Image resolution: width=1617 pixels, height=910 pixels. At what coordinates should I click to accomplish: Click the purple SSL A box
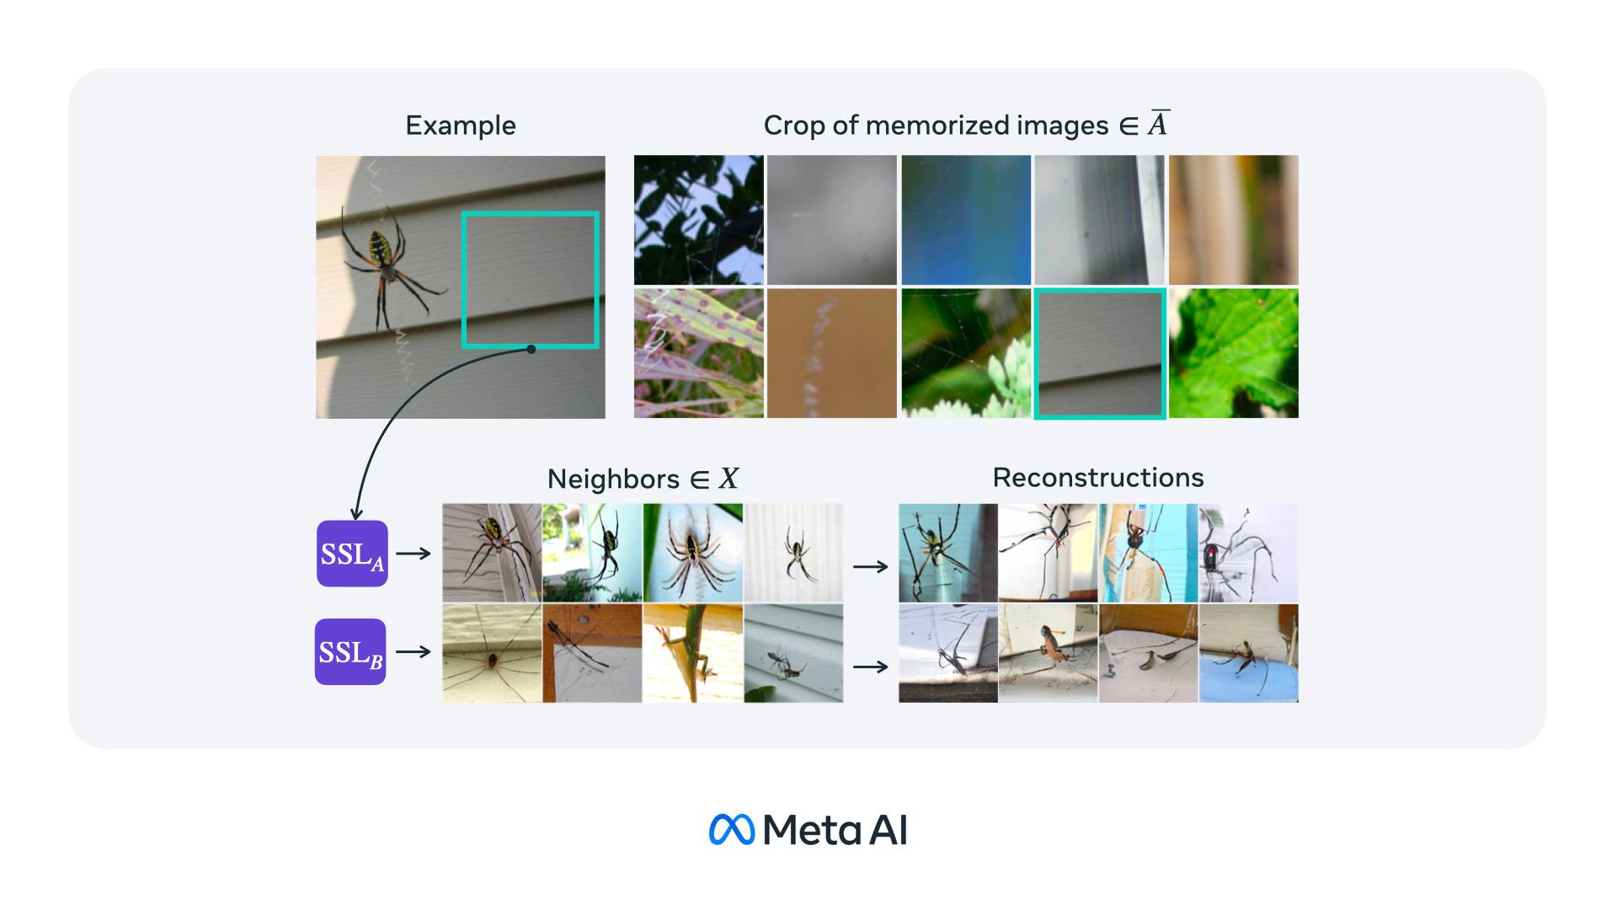(x=352, y=554)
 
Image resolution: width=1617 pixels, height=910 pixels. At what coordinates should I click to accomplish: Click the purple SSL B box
(x=350, y=652)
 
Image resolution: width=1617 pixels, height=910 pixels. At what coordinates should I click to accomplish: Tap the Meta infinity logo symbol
(x=731, y=829)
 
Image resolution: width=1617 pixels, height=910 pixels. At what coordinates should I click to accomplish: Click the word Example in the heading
(x=461, y=126)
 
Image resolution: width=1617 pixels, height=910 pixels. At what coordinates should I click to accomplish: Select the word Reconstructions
(x=1098, y=478)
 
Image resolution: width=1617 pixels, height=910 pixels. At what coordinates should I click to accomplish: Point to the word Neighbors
(x=613, y=479)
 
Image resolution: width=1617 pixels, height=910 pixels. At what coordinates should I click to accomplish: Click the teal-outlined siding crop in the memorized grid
(x=1100, y=354)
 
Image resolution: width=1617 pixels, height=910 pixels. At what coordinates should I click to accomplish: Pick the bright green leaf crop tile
(x=1234, y=354)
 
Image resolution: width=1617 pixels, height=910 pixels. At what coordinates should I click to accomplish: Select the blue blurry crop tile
(x=966, y=220)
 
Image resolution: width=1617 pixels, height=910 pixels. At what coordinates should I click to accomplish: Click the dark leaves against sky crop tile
(x=699, y=220)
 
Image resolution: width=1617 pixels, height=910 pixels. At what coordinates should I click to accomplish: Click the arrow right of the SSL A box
(x=414, y=554)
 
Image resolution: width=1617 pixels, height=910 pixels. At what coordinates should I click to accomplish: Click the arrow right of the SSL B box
(x=414, y=651)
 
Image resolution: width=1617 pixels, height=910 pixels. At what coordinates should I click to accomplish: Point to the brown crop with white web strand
(x=832, y=354)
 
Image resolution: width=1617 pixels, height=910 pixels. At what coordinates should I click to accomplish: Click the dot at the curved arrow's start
(x=531, y=349)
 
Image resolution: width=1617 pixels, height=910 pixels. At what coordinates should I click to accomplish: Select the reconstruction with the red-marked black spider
(x=1248, y=553)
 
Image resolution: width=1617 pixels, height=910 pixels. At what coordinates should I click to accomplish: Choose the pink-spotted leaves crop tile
(x=699, y=354)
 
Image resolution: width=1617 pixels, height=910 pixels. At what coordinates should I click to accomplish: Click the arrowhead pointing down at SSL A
(x=356, y=512)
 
